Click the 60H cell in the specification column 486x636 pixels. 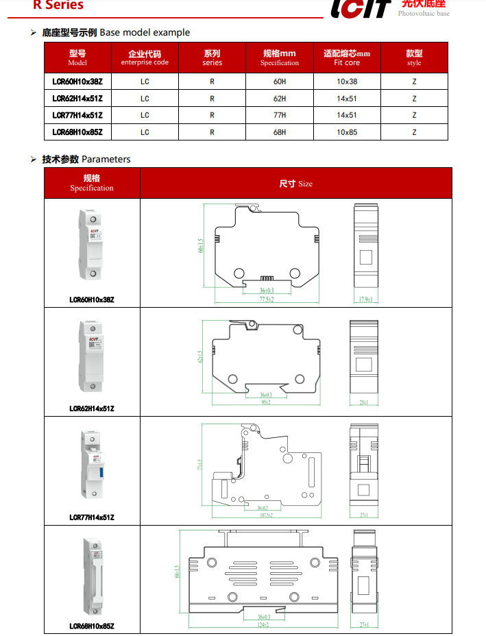click(x=280, y=82)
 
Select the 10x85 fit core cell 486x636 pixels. click(x=347, y=132)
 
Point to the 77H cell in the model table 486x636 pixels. click(x=280, y=115)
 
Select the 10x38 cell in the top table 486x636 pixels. click(x=347, y=82)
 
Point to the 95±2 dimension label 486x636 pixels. click(x=266, y=402)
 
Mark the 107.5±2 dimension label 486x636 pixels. click(x=266, y=515)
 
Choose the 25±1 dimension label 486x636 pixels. click(x=364, y=402)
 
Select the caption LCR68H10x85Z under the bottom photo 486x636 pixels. click(x=92, y=626)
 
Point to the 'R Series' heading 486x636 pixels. click(x=58, y=5)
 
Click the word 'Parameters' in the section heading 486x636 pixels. click(x=106, y=159)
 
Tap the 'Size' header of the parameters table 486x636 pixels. click(x=296, y=184)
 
